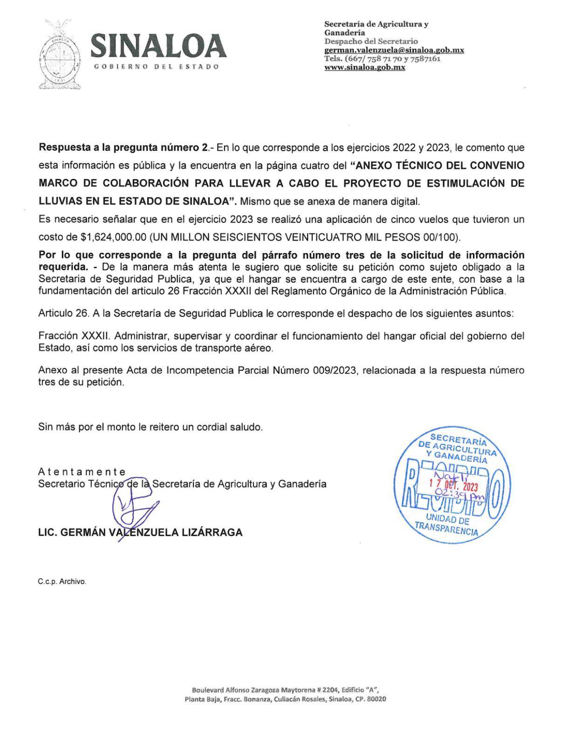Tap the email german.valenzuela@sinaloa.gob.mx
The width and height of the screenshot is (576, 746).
[394, 50]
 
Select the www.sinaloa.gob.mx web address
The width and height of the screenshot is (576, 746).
[364, 67]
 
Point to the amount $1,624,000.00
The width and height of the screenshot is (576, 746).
[114, 237]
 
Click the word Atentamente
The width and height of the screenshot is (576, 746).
[82, 472]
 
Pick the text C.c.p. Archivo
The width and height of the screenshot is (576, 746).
[62, 581]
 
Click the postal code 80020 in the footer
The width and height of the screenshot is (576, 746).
[376, 699]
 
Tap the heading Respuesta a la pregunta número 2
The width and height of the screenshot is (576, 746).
[123, 148]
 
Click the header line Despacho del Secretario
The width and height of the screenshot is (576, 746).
[371, 41]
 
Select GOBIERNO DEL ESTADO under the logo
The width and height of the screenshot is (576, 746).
[157, 66]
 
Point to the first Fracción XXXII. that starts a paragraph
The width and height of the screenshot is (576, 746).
[74, 336]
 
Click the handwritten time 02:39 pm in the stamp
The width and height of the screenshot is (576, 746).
[459, 495]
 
